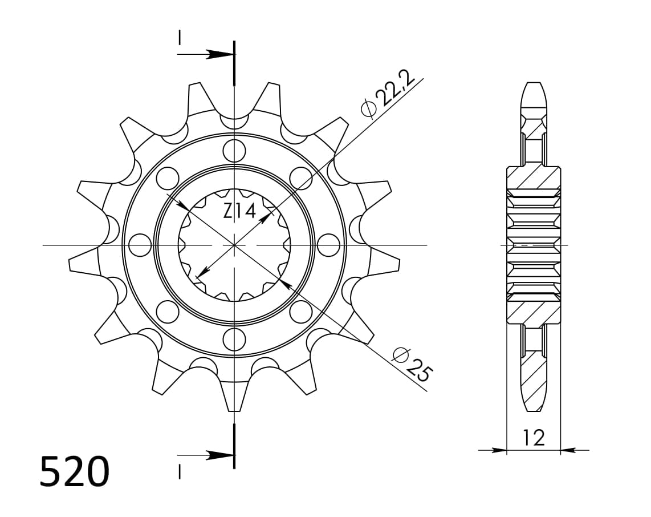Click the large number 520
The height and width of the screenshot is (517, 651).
click(74, 471)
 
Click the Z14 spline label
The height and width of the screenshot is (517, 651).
click(238, 212)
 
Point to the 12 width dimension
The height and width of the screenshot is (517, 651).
click(533, 438)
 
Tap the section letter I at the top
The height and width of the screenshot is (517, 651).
click(180, 38)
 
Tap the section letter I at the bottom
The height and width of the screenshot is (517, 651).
click(180, 472)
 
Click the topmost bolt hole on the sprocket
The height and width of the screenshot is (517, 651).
click(234, 151)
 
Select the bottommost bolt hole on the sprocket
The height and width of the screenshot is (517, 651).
click(234, 340)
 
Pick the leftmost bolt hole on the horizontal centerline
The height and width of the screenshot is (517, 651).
click(140, 245)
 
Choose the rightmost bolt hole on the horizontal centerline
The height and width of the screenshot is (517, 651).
click(328, 245)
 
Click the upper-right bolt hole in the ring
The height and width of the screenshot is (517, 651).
click(300, 178)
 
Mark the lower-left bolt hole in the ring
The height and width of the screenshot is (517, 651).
click(167, 312)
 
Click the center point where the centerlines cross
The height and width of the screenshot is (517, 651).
click(234, 245)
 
